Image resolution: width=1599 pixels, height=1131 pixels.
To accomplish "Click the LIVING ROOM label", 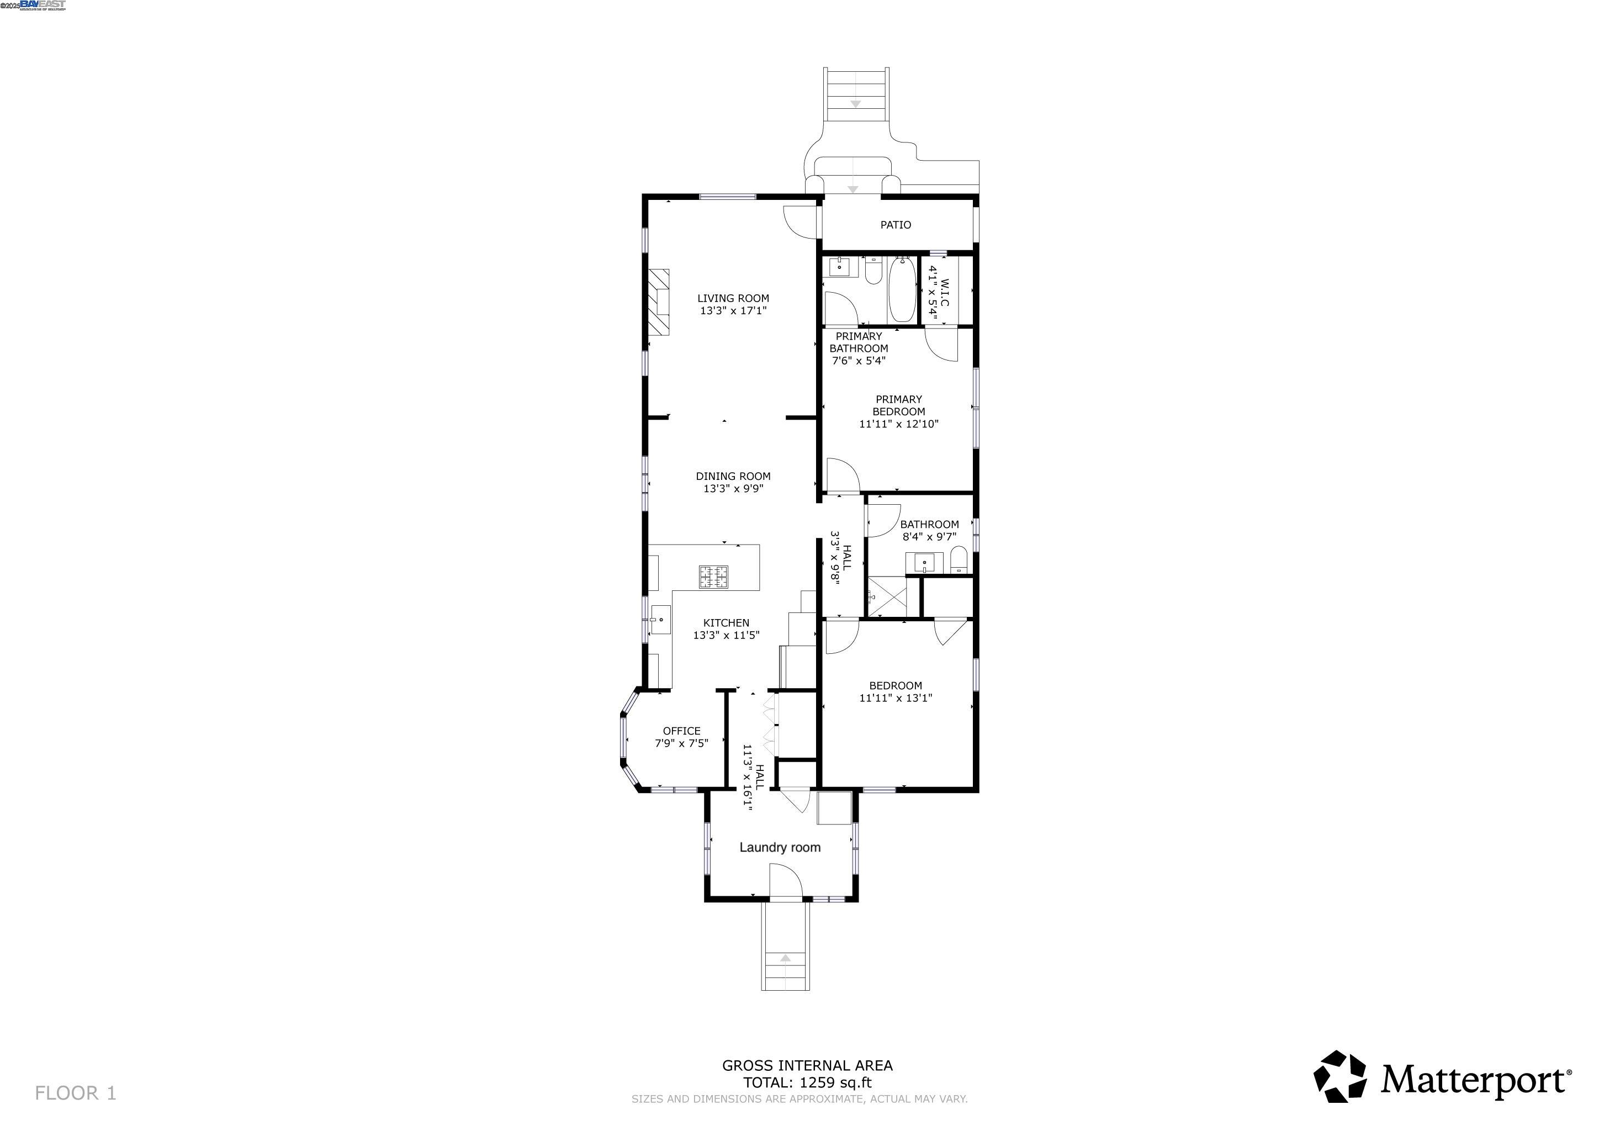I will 733,298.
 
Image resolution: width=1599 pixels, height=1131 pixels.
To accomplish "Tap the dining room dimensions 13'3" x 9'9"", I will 733,489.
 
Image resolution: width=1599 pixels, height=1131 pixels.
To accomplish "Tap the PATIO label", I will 895,225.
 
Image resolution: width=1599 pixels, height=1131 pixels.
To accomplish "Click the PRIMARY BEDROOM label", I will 898,405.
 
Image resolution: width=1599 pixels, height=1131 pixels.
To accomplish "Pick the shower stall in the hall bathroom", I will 887,597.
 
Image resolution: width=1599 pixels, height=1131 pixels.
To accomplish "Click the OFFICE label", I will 681,731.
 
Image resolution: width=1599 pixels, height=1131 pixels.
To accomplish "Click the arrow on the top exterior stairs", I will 856,104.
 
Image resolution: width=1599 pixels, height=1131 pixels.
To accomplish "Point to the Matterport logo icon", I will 1339,1077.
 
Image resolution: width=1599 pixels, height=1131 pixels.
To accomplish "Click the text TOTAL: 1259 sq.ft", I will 807,1083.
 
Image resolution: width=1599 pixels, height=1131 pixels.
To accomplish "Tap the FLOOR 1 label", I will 75,1093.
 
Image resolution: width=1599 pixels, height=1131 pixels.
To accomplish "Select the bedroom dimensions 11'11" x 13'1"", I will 895,698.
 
